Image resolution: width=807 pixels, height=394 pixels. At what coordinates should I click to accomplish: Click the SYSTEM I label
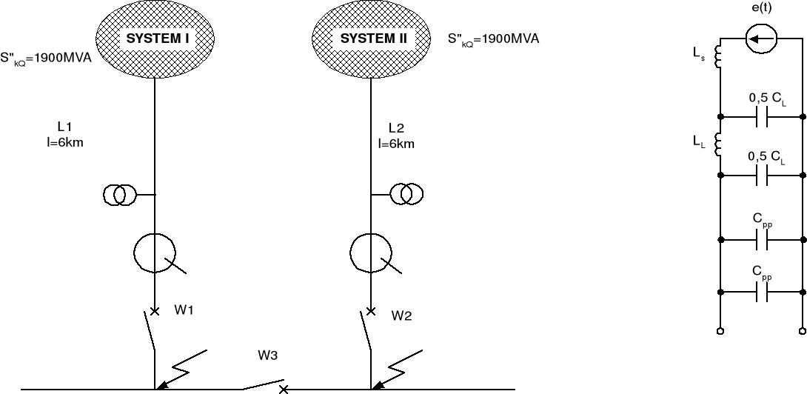(x=155, y=39)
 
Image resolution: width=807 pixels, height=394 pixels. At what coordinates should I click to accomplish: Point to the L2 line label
(x=395, y=127)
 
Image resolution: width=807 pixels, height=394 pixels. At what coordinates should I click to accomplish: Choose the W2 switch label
(x=401, y=315)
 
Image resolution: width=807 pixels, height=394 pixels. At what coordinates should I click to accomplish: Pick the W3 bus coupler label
(x=267, y=355)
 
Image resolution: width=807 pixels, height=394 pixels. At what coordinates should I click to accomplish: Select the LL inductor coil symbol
(x=717, y=144)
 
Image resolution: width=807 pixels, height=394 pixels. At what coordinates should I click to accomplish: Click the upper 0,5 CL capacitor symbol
(x=763, y=117)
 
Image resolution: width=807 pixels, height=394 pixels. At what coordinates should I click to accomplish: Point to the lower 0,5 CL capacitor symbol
(x=763, y=176)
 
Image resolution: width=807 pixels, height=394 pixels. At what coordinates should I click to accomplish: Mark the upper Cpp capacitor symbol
(x=763, y=240)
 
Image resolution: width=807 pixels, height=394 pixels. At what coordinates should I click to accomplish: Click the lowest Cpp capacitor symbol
(x=763, y=293)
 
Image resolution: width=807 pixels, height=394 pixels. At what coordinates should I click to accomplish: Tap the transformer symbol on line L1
(x=119, y=196)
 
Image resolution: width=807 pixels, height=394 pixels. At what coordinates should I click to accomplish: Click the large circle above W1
(x=155, y=253)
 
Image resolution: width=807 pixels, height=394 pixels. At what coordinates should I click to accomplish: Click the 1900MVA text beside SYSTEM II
(x=494, y=39)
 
